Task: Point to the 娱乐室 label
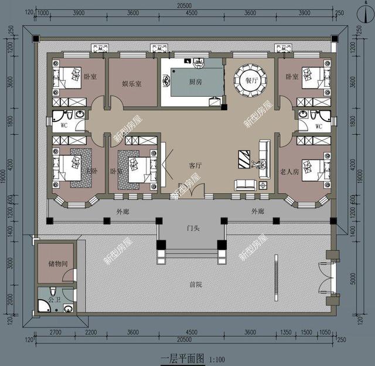point(132,83)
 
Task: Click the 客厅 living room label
point(195,166)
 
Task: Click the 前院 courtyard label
point(195,284)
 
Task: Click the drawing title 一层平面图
point(178,356)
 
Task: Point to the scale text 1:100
point(216,357)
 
